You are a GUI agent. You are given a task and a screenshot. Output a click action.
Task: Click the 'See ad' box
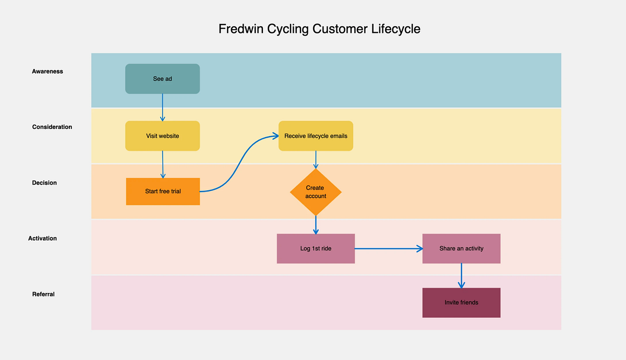click(x=162, y=79)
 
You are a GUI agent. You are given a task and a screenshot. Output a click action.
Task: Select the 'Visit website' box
click(x=162, y=136)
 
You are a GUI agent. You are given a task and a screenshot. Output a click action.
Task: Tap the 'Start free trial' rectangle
click(x=163, y=191)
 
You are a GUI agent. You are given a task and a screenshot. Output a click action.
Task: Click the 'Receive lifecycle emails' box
click(x=316, y=136)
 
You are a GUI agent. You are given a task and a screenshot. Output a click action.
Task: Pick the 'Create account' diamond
click(x=316, y=192)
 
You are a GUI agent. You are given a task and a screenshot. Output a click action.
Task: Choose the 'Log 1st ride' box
click(x=316, y=248)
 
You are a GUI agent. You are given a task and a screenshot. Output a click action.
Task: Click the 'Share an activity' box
click(x=461, y=248)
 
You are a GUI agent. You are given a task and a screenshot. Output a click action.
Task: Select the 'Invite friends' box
click(x=461, y=303)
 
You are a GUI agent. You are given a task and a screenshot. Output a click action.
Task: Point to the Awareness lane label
click(x=47, y=71)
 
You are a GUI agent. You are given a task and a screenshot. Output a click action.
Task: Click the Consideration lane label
click(x=52, y=127)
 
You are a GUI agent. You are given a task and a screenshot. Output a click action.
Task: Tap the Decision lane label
click(x=44, y=183)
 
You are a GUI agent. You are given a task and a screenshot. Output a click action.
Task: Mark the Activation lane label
click(x=43, y=238)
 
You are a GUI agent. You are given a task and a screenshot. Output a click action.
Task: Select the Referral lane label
click(x=43, y=294)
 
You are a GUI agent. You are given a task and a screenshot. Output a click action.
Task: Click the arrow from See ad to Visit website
click(x=163, y=107)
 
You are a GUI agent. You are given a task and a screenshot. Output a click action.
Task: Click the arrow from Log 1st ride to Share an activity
click(x=389, y=249)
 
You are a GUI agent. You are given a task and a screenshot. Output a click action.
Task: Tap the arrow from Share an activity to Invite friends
click(x=461, y=275)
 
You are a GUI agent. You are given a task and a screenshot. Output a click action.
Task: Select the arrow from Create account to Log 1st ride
click(x=316, y=225)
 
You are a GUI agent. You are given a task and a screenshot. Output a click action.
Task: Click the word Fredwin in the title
click(x=241, y=29)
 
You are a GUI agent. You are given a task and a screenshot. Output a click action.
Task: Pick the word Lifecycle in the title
click(x=395, y=29)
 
